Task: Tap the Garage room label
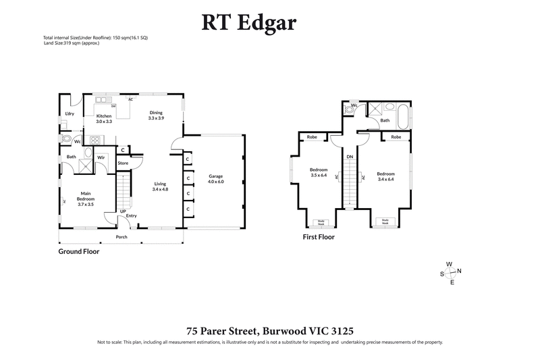tap(215, 178)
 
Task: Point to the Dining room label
tap(156, 115)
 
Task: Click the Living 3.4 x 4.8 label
tap(160, 186)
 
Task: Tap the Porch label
tap(122, 237)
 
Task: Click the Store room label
tap(123, 163)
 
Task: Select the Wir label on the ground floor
tap(101, 157)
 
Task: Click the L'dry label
tap(69, 113)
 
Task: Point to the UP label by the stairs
tap(123, 211)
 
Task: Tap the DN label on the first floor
tap(349, 156)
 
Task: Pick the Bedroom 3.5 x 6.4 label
tap(319, 172)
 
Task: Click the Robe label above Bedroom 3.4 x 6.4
tap(396, 137)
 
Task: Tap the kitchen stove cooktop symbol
tap(95, 141)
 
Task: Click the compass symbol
tap(450, 273)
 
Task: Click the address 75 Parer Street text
tap(270, 331)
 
